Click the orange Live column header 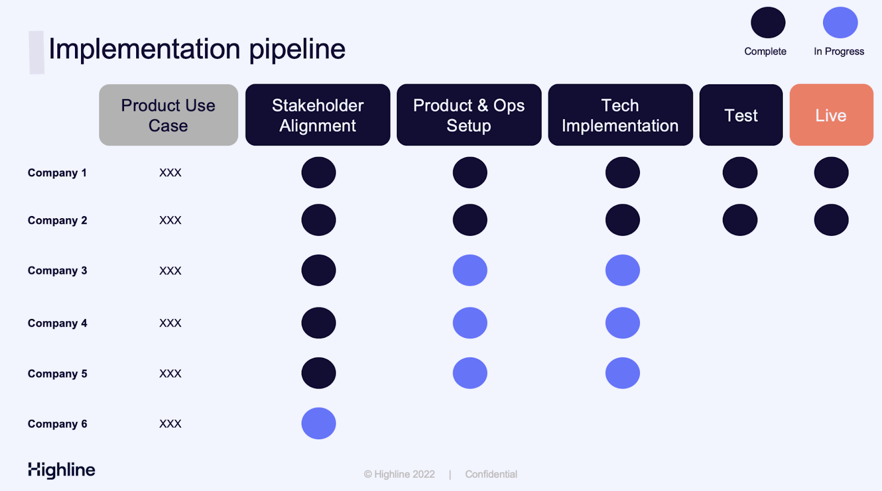click(x=831, y=115)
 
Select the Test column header click(x=741, y=115)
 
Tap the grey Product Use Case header click(x=169, y=115)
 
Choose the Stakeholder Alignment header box click(x=318, y=115)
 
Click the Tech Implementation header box click(x=620, y=115)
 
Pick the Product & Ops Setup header click(x=469, y=115)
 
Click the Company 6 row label click(x=57, y=424)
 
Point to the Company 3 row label click(x=57, y=271)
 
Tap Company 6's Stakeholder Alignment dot click(x=319, y=423)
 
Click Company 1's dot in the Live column click(x=831, y=172)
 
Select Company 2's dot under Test click(x=740, y=220)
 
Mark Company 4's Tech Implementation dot click(x=622, y=323)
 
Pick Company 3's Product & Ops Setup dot click(x=470, y=270)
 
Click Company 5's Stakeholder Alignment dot click(x=319, y=373)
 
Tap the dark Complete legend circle click(x=768, y=23)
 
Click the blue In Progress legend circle click(x=840, y=23)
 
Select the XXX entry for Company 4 click(x=170, y=323)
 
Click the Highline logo click(x=61, y=470)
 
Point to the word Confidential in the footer click(x=491, y=474)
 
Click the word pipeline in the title click(x=297, y=49)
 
